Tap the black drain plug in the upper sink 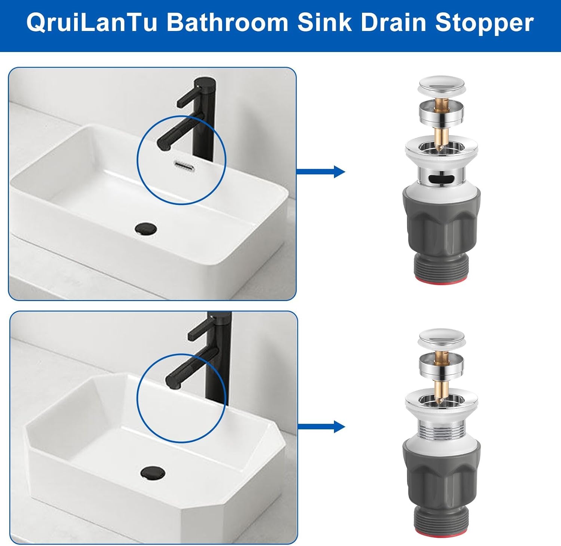[146, 228]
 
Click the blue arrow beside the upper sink [321, 172]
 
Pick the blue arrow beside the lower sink [321, 427]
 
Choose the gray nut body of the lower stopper [441, 475]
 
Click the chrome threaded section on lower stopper [441, 429]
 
